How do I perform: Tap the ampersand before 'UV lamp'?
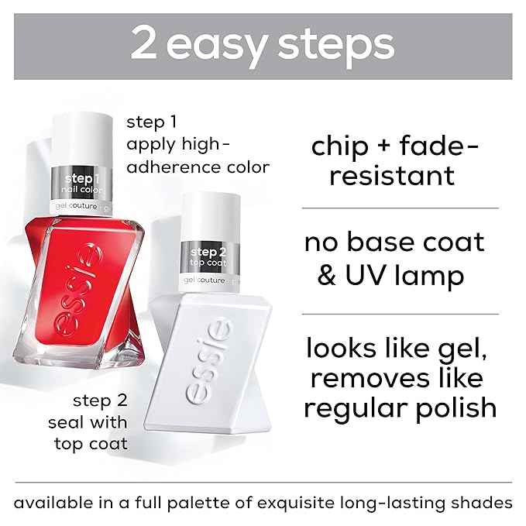[325, 277]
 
